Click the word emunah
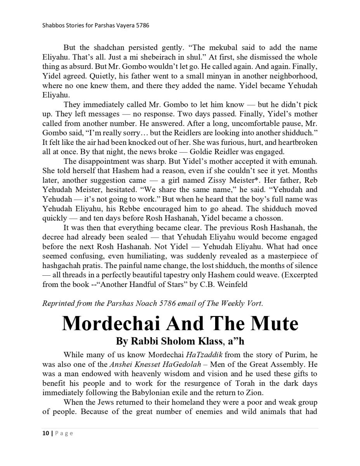303,161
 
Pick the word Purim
291,355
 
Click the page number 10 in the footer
45,433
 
